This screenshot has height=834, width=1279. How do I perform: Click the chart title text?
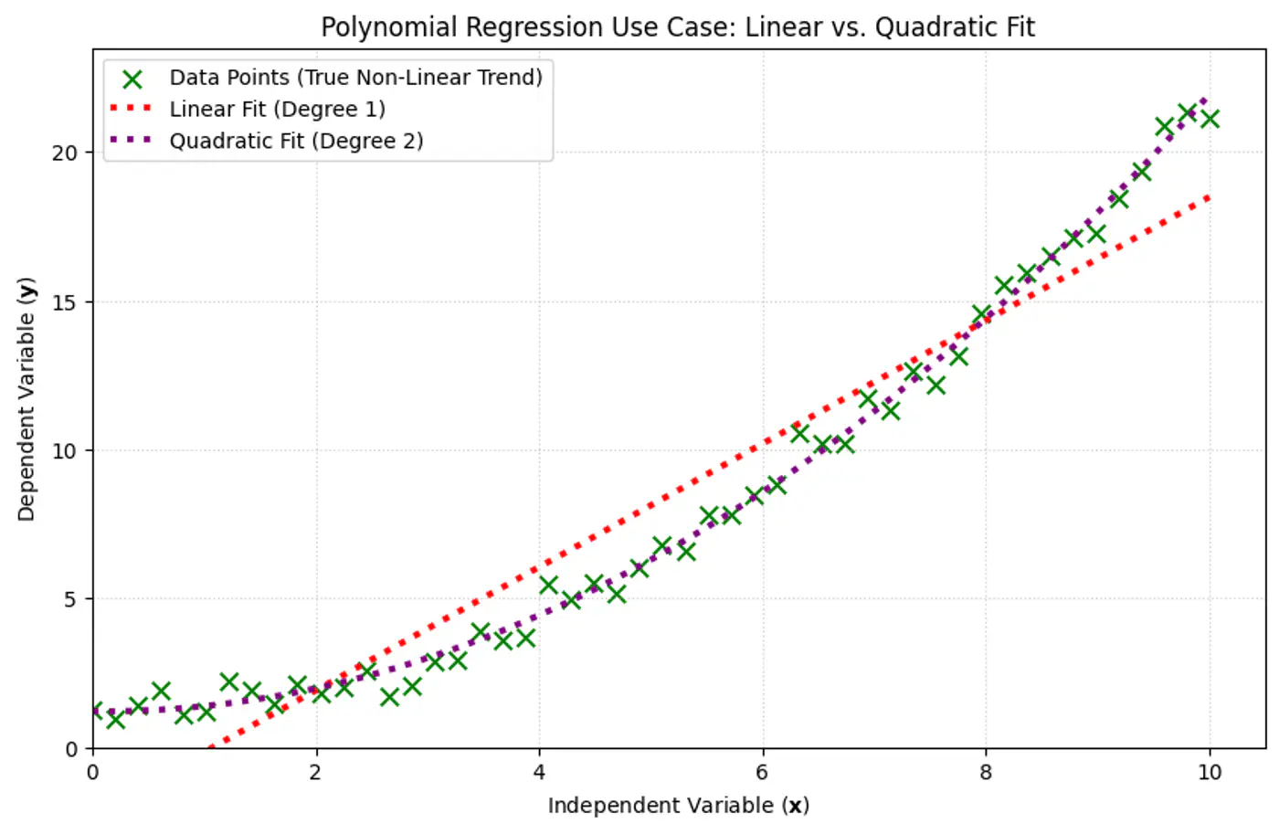(x=677, y=27)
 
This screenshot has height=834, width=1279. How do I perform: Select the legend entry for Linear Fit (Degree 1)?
(x=277, y=110)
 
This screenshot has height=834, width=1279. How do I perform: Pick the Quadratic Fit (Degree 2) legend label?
(x=296, y=142)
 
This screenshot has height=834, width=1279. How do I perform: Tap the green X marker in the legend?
(x=132, y=79)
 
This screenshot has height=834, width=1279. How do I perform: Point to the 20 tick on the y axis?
(x=65, y=153)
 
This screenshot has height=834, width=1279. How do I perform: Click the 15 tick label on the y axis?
(x=65, y=302)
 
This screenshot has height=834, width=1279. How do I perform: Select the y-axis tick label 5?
(x=70, y=600)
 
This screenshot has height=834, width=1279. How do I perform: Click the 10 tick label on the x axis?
(x=1209, y=773)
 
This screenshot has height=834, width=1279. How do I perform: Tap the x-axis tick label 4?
(x=539, y=773)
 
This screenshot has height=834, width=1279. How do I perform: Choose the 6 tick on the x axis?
(x=762, y=773)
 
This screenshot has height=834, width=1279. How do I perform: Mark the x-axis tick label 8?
(x=986, y=773)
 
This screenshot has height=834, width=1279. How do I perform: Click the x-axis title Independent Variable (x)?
(x=678, y=806)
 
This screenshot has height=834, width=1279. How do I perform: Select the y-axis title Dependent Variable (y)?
(x=26, y=399)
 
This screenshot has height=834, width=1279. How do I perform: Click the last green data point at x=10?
(x=1210, y=119)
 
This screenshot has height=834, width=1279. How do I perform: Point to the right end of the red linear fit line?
(x=1209, y=196)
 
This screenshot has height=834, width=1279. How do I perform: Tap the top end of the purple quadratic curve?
(x=1206, y=100)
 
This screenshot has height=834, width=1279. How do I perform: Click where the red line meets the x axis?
(x=209, y=748)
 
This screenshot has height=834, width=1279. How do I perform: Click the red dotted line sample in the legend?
(x=132, y=109)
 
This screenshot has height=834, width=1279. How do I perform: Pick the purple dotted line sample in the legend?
(x=132, y=141)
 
